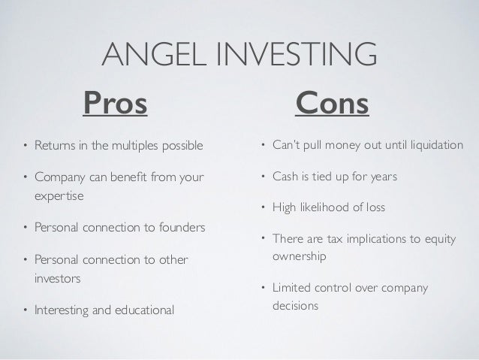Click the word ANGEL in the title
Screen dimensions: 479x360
click(x=154, y=54)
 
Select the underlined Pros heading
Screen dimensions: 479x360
click(x=115, y=103)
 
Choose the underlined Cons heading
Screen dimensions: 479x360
click(x=332, y=103)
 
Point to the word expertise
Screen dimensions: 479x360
click(x=59, y=196)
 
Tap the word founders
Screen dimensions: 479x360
click(x=182, y=227)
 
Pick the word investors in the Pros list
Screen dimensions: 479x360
click(x=57, y=279)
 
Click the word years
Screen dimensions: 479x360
click(x=384, y=177)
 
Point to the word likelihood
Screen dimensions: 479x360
click(x=325, y=207)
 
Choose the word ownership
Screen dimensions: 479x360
click(x=300, y=256)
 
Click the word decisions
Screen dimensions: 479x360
click(x=295, y=306)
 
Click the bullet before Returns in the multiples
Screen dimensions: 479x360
click(x=26, y=145)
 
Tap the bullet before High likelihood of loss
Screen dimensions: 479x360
click(x=264, y=207)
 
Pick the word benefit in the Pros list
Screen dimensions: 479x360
click(x=128, y=177)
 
